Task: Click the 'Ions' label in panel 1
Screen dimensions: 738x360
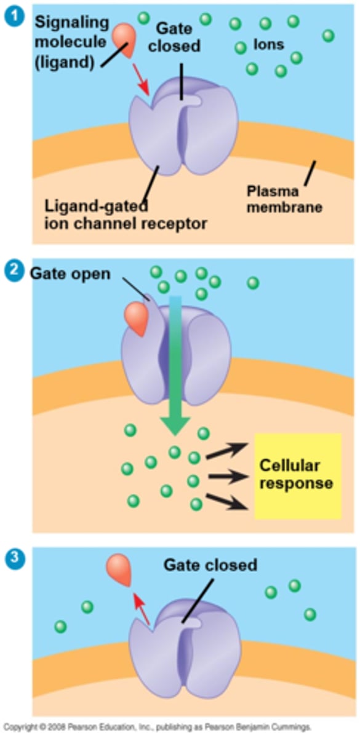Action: [x=268, y=45]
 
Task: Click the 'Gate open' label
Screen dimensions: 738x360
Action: [x=71, y=273]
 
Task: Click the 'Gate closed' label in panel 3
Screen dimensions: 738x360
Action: [x=210, y=564]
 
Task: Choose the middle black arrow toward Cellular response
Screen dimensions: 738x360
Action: [x=226, y=475]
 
